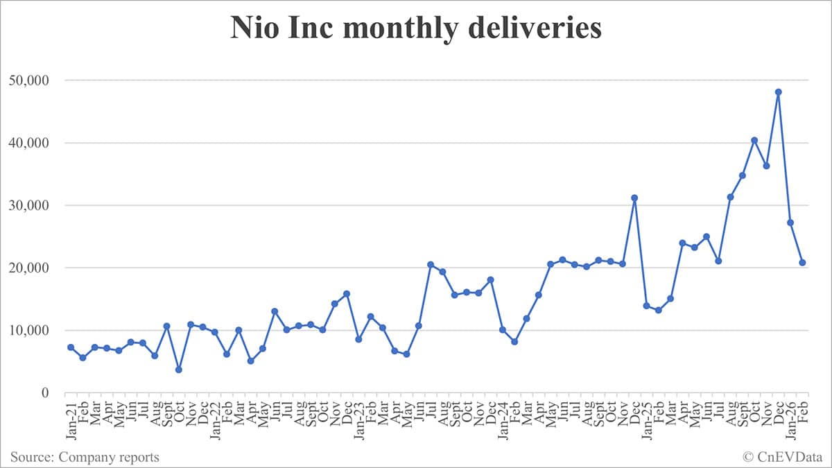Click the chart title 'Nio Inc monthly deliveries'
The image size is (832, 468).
[x=416, y=29]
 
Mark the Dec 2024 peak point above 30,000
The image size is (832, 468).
[x=634, y=198]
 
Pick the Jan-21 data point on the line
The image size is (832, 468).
[x=71, y=347]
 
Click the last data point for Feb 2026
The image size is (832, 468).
[x=802, y=263]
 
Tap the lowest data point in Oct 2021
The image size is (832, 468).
[x=178, y=370]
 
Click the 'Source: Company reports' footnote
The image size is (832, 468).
[x=85, y=457]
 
